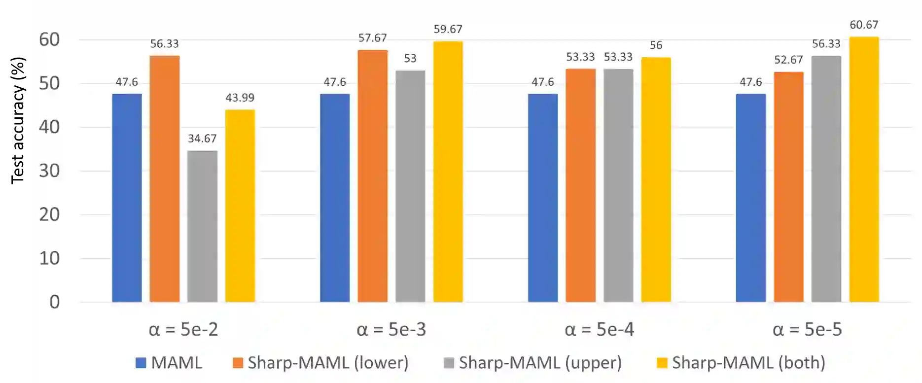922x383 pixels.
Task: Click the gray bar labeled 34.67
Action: click(x=202, y=226)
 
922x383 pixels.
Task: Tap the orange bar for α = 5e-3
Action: click(x=373, y=176)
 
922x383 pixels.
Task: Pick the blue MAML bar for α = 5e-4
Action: click(x=543, y=198)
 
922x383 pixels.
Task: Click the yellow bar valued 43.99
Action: click(x=240, y=206)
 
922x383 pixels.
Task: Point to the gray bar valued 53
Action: click(x=410, y=186)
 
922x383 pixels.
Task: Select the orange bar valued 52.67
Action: click(x=788, y=187)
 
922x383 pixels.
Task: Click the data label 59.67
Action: click(x=448, y=30)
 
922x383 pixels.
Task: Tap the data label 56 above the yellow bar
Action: click(x=656, y=45)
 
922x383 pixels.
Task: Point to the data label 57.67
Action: click(x=372, y=38)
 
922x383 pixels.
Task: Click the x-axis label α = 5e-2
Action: click(x=183, y=329)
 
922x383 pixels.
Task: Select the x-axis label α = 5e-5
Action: click(x=807, y=329)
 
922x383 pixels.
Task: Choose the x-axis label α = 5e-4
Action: click(x=599, y=329)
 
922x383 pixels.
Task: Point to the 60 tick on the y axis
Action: click(x=49, y=39)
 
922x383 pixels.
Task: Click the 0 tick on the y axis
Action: click(x=54, y=302)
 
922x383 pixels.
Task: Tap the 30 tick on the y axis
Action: click(x=49, y=171)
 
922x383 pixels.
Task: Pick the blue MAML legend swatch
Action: click(x=141, y=363)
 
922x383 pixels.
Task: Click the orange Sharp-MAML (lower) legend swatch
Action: click(x=238, y=363)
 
